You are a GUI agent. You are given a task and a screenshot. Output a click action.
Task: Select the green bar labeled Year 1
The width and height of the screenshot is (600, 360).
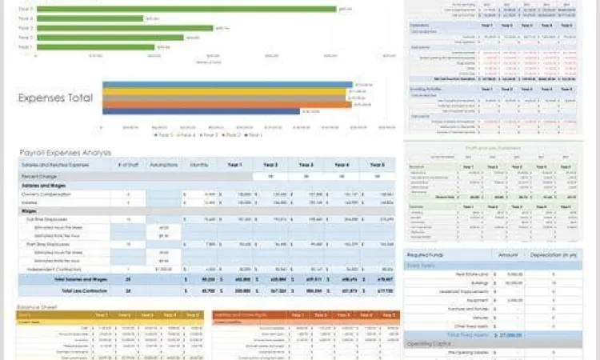click(x=96, y=47)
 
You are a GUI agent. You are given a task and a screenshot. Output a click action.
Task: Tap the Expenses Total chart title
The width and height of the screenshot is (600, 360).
click(x=55, y=98)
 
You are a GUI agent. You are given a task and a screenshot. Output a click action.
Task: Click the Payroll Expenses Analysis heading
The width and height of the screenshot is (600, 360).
click(x=66, y=152)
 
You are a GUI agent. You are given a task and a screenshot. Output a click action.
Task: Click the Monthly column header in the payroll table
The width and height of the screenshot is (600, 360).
click(x=200, y=165)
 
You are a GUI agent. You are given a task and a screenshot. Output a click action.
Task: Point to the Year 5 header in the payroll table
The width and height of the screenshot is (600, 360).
click(x=378, y=165)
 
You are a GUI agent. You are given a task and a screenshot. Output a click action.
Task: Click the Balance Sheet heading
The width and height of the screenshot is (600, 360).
click(x=39, y=305)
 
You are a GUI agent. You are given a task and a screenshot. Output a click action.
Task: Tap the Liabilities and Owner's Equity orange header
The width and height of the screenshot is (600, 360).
click(x=243, y=315)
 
